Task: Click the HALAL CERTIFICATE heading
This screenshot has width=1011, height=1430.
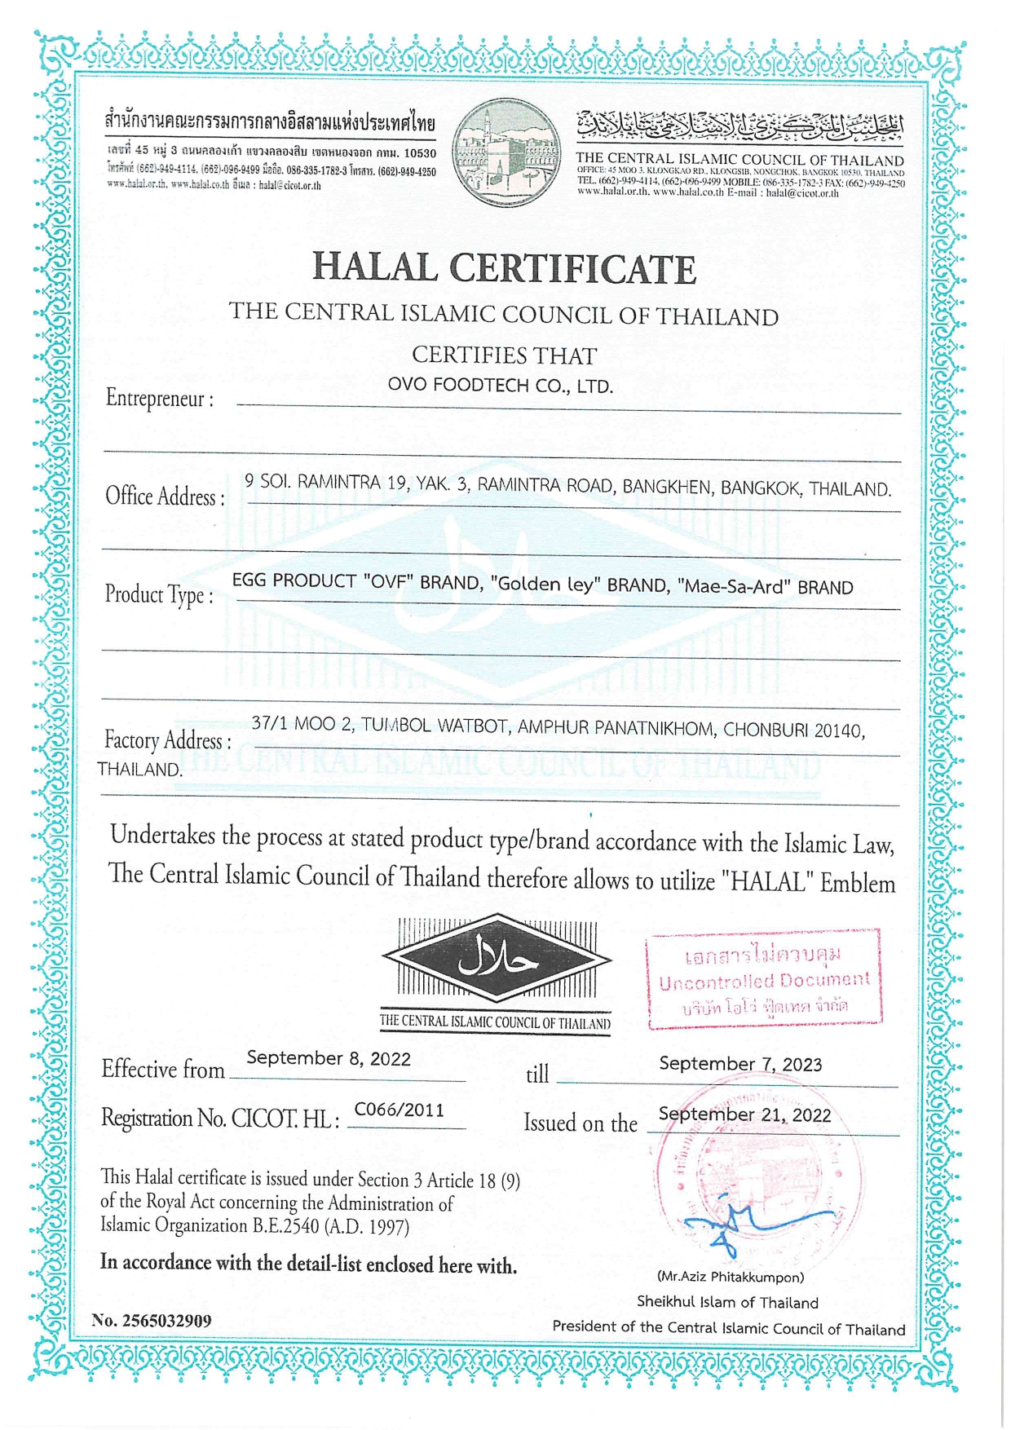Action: [x=505, y=268]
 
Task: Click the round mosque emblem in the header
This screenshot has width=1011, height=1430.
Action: [x=506, y=152]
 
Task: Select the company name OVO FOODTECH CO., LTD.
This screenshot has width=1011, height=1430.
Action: [x=500, y=386]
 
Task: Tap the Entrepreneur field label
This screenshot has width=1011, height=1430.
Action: [x=160, y=399]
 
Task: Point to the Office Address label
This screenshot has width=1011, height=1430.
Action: [x=164, y=496]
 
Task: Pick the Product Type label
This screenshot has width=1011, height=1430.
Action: [x=159, y=594]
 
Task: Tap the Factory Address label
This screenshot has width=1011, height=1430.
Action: [x=167, y=740]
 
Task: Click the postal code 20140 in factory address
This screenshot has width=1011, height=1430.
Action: [x=838, y=730]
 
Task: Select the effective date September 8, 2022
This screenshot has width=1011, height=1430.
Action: [x=329, y=1058]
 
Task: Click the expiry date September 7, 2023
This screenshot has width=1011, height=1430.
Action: [x=740, y=1064]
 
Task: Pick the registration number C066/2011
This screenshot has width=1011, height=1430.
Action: [x=399, y=1110]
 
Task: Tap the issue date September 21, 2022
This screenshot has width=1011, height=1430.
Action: [x=744, y=1114]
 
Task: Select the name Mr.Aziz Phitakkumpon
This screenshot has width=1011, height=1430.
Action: [x=730, y=1277]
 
